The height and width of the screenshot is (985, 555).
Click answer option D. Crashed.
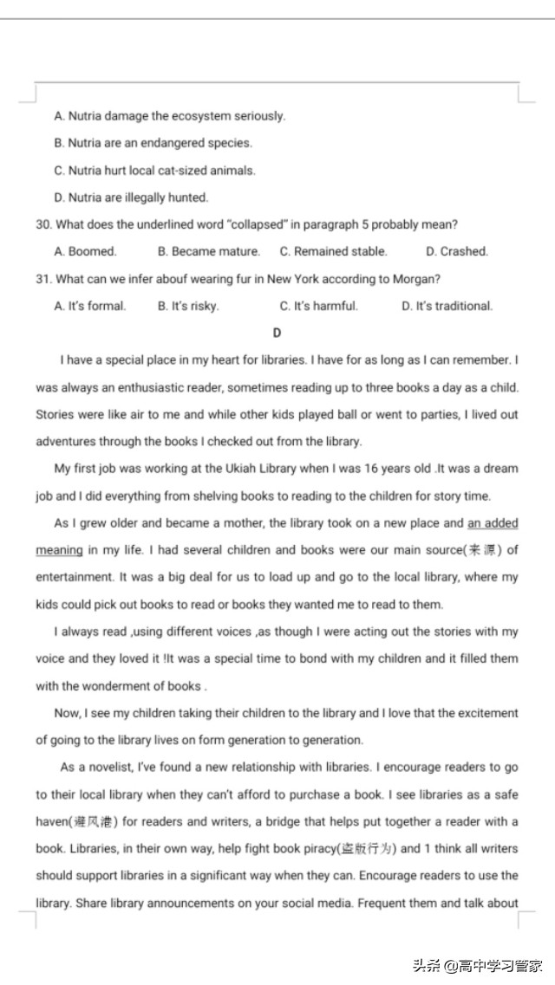click(456, 251)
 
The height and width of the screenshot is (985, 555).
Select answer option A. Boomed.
click(85, 251)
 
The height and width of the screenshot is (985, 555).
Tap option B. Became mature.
click(208, 251)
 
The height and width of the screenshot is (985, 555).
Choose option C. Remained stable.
click(333, 251)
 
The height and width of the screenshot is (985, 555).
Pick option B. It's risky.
click(188, 306)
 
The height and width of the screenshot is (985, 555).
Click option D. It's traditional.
click(447, 306)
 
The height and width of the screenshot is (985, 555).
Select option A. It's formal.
click(89, 306)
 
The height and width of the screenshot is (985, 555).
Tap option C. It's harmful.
click(318, 306)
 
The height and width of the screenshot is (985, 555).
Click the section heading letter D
click(277, 333)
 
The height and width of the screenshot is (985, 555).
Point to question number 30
click(43, 224)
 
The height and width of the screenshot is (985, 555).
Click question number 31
click(43, 279)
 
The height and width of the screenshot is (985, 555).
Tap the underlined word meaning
click(59, 550)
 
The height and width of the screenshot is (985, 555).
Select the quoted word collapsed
click(256, 224)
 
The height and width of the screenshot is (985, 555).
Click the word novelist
click(104, 768)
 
